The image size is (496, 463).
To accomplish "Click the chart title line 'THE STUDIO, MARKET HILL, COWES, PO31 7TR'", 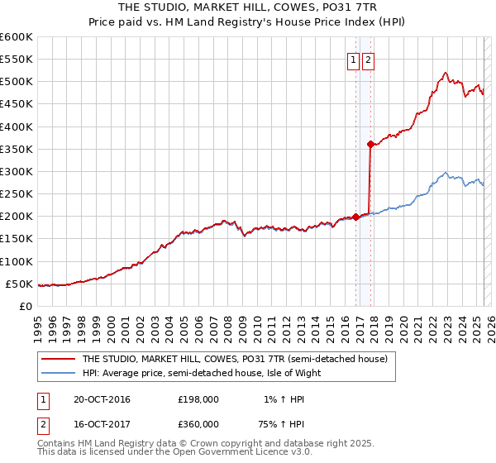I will pos(247,6).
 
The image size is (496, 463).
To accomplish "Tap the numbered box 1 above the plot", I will pos(353,59).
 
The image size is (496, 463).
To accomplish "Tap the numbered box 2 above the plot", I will pos(367,59).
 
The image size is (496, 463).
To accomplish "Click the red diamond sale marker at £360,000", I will pos(370,144).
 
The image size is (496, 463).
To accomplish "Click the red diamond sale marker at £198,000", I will pos(356,217).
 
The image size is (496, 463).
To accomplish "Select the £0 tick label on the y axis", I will pos(25,306).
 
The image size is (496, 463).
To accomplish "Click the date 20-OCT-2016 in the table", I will pos(102,399).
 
